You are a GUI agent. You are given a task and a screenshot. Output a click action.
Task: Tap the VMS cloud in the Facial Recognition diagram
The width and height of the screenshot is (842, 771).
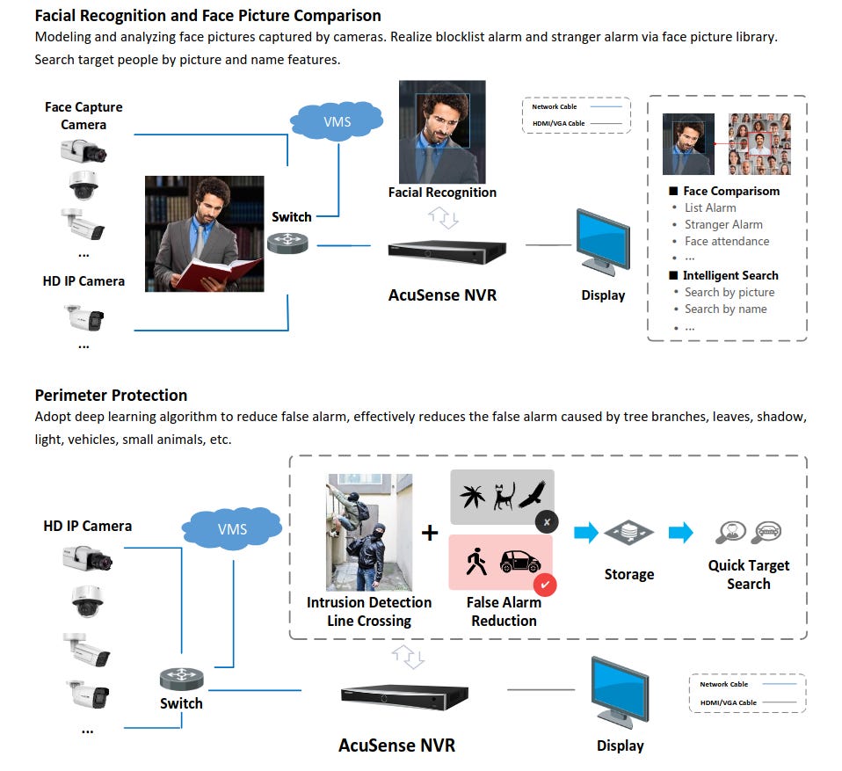coord(337,121)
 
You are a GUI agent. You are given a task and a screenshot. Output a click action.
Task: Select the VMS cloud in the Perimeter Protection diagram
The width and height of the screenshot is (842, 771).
coord(233,528)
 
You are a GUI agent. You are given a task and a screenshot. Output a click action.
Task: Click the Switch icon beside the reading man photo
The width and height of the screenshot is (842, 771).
coord(288,243)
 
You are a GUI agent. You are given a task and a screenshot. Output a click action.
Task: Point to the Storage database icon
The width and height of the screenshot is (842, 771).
coord(629,533)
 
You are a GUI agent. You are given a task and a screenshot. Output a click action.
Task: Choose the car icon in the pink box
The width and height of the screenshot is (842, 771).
coord(520,564)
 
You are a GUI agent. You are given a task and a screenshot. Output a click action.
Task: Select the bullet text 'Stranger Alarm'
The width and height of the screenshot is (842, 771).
coord(723,224)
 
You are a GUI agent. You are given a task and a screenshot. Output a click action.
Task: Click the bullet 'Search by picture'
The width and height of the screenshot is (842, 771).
coord(729,292)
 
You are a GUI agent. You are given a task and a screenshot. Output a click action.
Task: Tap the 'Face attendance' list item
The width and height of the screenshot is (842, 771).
coord(727,241)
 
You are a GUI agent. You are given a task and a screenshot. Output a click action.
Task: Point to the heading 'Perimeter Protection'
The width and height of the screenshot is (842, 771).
coord(111,395)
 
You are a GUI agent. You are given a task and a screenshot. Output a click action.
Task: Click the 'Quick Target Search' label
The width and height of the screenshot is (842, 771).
coord(749,574)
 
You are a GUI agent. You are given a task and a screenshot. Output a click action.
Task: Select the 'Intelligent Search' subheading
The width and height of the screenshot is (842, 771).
coord(730,275)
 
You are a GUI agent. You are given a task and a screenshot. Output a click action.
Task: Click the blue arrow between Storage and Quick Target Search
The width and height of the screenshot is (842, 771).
coord(680,533)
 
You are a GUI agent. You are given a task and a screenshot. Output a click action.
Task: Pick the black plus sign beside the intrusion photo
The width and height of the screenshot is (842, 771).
coord(430,533)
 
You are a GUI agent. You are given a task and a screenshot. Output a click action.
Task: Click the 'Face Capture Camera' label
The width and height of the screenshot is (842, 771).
coord(83,115)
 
